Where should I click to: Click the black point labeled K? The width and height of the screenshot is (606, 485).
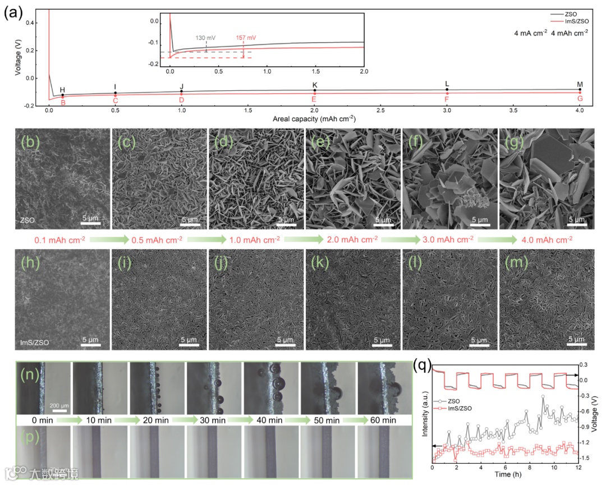315,90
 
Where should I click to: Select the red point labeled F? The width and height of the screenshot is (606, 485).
447,94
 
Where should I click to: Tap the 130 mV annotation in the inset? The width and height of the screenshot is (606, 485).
206,38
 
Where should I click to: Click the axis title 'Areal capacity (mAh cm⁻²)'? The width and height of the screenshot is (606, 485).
314,120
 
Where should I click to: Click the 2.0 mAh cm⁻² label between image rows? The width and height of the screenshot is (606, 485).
355,240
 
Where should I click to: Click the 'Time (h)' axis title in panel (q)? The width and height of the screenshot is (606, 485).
507,474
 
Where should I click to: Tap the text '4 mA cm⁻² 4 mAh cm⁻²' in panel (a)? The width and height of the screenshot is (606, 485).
551,33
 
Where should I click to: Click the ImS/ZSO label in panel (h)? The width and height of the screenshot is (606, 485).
34,340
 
